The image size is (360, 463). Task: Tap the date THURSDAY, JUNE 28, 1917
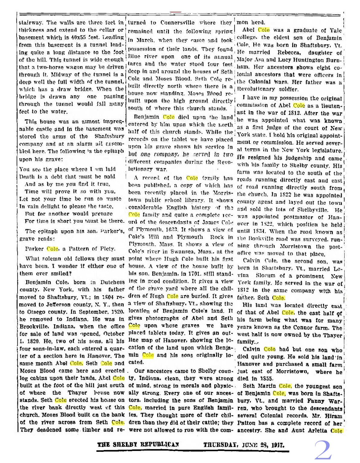click(244, 445)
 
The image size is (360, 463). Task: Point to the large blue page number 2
click(323, 450)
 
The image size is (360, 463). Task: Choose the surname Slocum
click(266, 276)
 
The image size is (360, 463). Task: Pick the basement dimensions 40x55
click(79, 38)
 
